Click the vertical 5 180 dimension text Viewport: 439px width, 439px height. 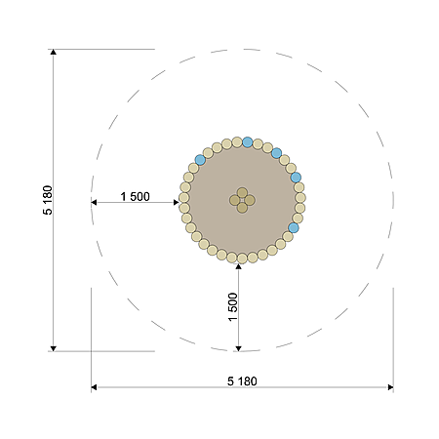[x=48, y=200]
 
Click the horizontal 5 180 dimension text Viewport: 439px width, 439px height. [x=242, y=381]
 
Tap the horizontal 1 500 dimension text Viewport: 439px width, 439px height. [x=135, y=196]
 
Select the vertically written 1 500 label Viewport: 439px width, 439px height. [x=233, y=307]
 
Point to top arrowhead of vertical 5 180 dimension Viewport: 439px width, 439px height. [x=54, y=52]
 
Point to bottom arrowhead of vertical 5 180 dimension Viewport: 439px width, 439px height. [x=54, y=348]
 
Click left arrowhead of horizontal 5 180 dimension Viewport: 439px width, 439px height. [x=94, y=387]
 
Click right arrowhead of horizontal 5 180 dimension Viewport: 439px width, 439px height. [x=390, y=387]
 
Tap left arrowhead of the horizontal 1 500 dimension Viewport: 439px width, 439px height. [x=94, y=203]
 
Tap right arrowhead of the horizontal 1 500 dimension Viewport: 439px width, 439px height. [x=176, y=203]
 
